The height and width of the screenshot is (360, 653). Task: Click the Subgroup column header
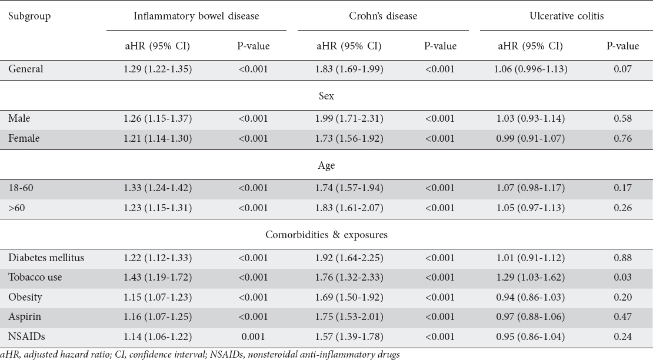click(x=29, y=16)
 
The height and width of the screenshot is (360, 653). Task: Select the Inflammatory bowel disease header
click(x=196, y=16)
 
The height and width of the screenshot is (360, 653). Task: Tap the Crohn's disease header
click(x=383, y=16)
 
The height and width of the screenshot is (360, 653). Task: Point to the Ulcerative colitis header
click(x=567, y=16)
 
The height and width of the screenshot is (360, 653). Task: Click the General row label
click(x=25, y=69)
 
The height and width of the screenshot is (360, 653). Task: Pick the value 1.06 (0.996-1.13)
click(x=531, y=69)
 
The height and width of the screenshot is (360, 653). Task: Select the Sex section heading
click(x=326, y=96)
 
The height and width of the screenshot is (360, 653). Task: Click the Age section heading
click(x=326, y=166)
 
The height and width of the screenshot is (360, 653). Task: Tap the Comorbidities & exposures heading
click(x=326, y=235)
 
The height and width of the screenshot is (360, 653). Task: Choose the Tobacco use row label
click(x=35, y=277)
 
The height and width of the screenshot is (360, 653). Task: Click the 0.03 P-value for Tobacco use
click(x=622, y=277)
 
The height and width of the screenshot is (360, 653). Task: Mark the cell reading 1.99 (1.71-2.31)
click(x=349, y=119)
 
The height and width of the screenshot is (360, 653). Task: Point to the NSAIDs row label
click(x=26, y=336)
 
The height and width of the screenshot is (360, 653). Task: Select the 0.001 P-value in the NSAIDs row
click(x=253, y=336)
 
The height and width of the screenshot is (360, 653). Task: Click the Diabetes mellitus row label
click(x=46, y=258)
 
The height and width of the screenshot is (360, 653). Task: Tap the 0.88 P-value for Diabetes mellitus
click(x=622, y=258)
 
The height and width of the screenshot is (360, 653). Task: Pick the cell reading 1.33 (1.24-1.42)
click(x=158, y=188)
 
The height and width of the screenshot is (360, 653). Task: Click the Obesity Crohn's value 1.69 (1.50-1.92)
click(x=349, y=297)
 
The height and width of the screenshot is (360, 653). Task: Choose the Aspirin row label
click(x=25, y=316)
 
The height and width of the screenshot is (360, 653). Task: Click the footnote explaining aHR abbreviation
click(x=200, y=355)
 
